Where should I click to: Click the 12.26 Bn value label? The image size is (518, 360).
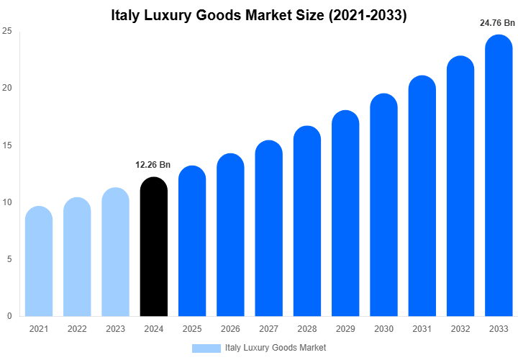153,165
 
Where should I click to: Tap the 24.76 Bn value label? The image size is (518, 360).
497,22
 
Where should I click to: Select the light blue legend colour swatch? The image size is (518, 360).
206,348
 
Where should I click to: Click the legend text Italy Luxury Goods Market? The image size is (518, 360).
276,348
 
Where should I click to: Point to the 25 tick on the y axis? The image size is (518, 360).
6,32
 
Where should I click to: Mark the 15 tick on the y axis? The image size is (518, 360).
6,145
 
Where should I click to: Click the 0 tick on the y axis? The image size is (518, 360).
9,316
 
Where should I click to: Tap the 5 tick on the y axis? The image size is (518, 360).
9,259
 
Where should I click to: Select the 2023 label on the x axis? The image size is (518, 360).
115,329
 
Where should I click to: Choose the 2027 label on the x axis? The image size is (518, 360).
268,329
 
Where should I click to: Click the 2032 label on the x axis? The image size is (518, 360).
460,329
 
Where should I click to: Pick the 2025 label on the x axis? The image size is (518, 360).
192,329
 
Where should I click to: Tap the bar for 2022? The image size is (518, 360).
77,257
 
